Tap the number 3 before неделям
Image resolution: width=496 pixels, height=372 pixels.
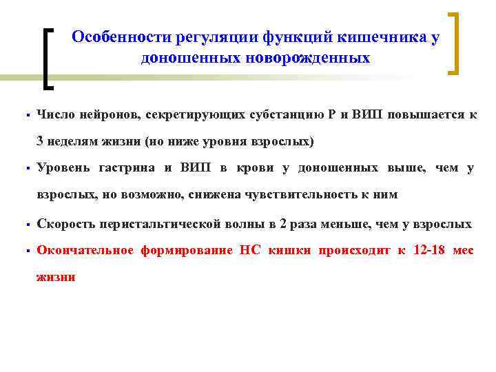[41, 142]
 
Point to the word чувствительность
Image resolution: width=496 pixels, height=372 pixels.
[308, 195]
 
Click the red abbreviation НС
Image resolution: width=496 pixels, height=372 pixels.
[250, 250]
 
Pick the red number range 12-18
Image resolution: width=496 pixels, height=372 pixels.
[430, 250]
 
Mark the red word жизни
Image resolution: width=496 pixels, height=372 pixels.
[56, 277]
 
